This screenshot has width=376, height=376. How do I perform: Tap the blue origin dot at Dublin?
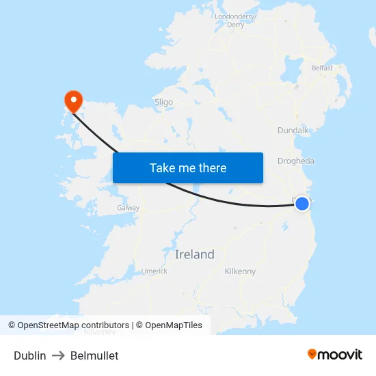point(301,204)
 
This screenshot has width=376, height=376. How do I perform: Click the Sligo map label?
point(163,102)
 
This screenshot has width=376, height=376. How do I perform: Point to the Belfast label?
point(322,68)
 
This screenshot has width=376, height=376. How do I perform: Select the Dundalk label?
point(294,130)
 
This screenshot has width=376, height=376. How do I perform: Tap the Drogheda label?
point(296,161)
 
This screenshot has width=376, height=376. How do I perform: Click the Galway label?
point(128,208)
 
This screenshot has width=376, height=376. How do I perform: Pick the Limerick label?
point(154,271)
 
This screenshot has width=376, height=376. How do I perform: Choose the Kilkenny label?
point(240,271)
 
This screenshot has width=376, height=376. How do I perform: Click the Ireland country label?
point(195,254)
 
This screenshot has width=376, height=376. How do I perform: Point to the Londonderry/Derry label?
point(235,21)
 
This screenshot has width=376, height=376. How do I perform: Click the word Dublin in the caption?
point(30,355)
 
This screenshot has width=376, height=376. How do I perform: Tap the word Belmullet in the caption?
point(94,355)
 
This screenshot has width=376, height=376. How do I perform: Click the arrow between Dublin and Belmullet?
point(58,355)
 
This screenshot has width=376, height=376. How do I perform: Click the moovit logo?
point(335,354)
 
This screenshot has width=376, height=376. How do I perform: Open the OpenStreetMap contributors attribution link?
point(68,325)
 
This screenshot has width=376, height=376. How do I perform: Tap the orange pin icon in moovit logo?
point(312,354)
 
